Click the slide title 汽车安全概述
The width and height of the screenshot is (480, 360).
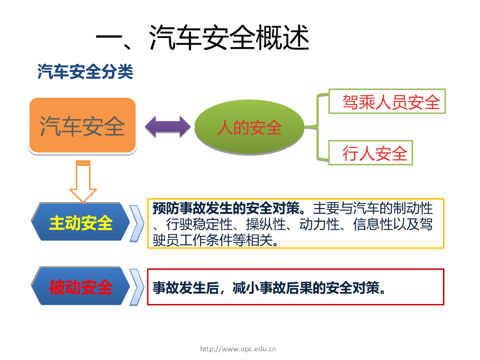point(202,37)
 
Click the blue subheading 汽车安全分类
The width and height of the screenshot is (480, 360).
point(85,72)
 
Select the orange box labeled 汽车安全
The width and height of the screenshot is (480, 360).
point(82,126)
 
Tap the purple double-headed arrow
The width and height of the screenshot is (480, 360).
point(167,126)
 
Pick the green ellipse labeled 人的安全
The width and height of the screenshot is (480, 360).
point(249,127)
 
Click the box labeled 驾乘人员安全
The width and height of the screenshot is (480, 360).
point(387,101)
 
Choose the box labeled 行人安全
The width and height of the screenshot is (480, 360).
point(371,153)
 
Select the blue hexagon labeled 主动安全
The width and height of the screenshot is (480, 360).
point(81,223)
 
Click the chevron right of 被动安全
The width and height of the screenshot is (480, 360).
point(137,287)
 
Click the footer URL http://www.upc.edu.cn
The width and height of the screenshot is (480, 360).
point(238,349)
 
